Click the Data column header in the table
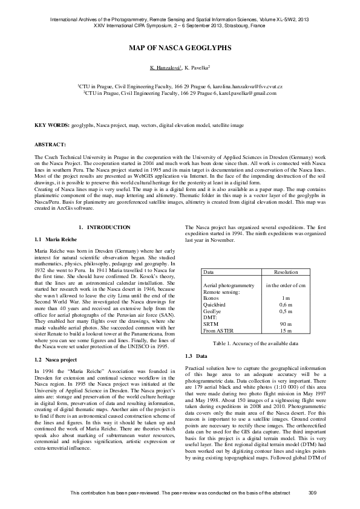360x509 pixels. pos(209,273)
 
